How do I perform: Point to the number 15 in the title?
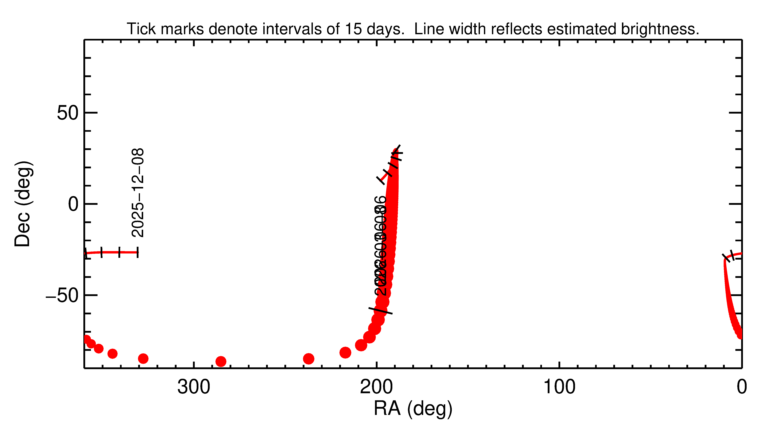tap(353, 29)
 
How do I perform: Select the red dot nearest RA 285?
tap(221, 361)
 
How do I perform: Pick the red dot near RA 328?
tap(143, 359)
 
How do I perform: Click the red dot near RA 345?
tap(112, 353)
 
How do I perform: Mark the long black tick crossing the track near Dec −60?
tap(380, 311)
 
